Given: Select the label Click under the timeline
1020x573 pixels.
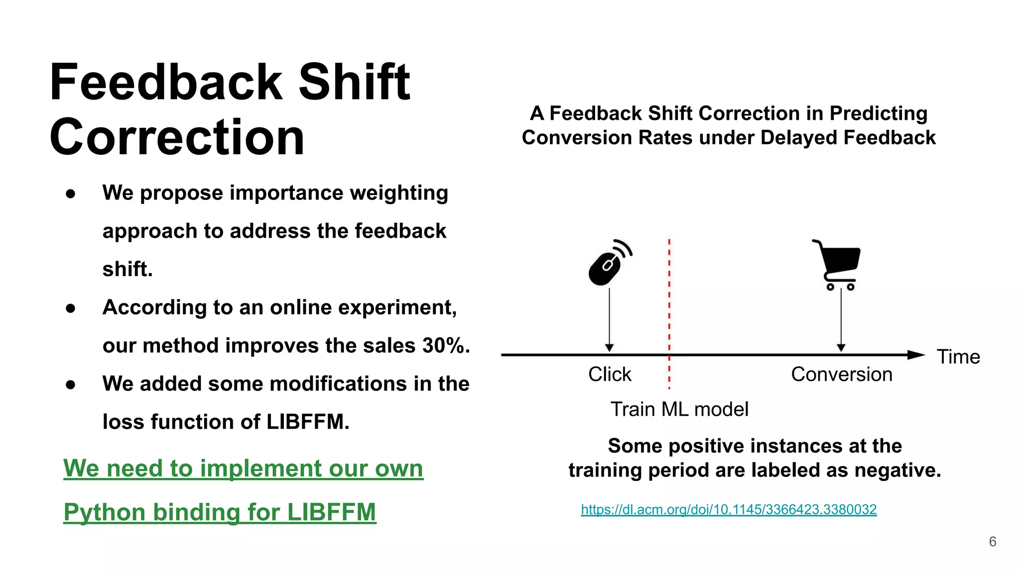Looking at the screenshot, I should (609, 374).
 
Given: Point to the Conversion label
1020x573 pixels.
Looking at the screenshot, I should (841, 374).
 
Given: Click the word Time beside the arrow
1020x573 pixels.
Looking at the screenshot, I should (958, 357).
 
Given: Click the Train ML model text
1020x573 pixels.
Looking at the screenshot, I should (679, 409).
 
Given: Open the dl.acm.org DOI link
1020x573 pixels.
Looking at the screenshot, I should (728, 509).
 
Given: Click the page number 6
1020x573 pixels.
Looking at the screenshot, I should (992, 542).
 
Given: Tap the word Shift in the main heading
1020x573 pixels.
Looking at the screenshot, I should (354, 82).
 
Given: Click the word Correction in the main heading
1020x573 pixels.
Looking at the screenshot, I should (177, 137).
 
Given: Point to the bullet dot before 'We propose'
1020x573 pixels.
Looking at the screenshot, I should (70, 193).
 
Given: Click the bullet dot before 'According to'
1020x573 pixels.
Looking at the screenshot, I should (70, 308).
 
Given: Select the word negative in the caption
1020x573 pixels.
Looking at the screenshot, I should (902, 470).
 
